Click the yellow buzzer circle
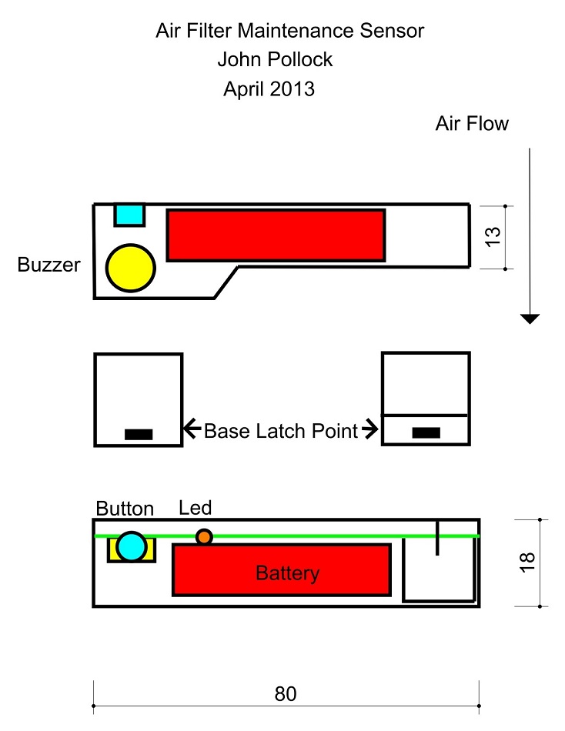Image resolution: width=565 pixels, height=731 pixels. point(131,267)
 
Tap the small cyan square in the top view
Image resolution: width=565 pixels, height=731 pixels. point(130,215)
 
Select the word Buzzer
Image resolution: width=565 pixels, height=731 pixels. point(48,266)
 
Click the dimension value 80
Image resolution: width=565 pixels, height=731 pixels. point(286,694)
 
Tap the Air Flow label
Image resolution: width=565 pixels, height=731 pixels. point(472,124)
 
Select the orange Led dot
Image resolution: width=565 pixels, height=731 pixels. point(204,536)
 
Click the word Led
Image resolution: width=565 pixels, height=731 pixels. point(195,508)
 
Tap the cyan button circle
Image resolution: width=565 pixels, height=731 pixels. point(132,546)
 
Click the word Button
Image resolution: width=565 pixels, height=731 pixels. point(125,509)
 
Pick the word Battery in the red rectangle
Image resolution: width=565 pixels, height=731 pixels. point(287,573)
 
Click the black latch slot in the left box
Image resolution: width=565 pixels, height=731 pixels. point(139,434)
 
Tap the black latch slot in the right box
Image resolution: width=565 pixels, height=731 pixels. point(426,432)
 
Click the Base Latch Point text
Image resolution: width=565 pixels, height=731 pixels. point(281,431)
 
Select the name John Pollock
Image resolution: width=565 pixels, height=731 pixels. point(275,60)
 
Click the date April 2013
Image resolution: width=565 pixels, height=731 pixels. point(269,89)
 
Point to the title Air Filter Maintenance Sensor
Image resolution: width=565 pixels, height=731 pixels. point(289,32)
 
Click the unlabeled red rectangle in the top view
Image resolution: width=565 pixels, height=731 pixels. point(276,235)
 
